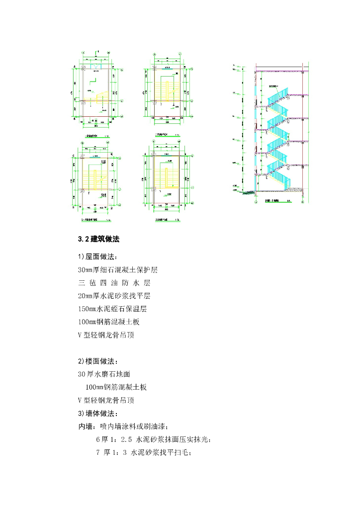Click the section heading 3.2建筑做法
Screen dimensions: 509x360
99,239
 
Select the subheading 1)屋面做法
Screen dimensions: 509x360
97,257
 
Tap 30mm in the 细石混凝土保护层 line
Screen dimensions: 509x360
86,270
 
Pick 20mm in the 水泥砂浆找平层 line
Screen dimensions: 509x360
86,296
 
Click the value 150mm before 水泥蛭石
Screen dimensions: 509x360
88,309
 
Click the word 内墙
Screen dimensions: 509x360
86,426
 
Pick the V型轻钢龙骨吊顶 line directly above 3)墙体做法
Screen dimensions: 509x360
105,400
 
